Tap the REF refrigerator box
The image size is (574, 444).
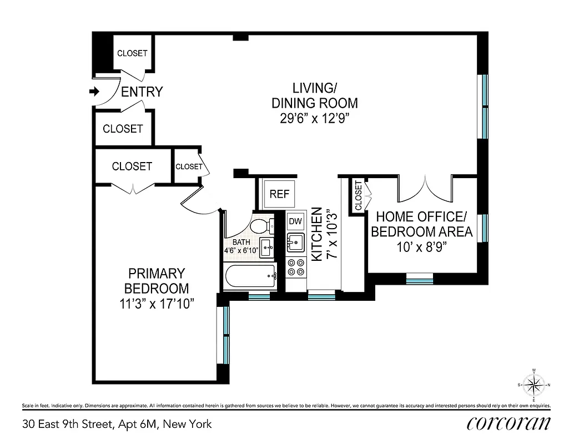(279, 194)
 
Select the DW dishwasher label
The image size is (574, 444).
(295, 221)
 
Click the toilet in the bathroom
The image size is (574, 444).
(261, 226)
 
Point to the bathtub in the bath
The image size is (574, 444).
(250, 275)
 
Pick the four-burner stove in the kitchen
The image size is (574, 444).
(295, 268)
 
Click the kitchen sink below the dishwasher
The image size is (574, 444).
(295, 242)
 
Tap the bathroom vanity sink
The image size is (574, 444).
(266, 246)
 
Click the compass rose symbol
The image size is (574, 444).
(533, 384)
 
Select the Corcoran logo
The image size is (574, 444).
(509, 423)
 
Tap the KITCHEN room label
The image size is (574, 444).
(317, 234)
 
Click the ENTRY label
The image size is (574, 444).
(142, 92)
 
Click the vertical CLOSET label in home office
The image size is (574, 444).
(358, 196)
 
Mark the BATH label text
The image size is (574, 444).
(241, 242)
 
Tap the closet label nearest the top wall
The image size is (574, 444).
(132, 53)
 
